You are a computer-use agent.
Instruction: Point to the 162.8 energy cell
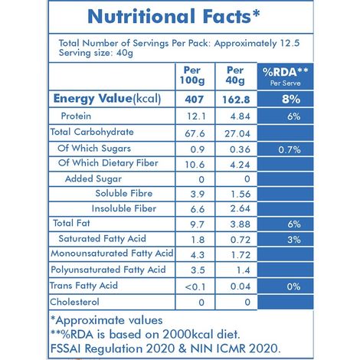click(x=234, y=99)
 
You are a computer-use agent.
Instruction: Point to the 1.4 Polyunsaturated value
click(x=234, y=270)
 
